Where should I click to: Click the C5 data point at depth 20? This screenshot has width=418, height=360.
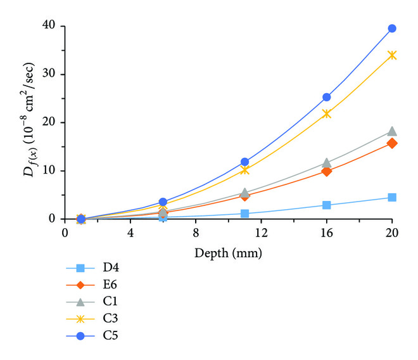(x=392, y=29)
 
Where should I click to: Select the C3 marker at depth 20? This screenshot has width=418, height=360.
(x=392, y=55)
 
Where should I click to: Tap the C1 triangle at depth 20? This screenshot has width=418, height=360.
(x=392, y=131)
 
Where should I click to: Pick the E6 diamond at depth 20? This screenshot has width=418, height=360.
(x=392, y=143)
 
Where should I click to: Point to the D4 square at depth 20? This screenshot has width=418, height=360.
(x=392, y=198)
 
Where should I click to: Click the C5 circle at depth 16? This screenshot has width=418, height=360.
(x=327, y=97)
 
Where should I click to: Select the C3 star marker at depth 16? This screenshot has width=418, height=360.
(x=327, y=113)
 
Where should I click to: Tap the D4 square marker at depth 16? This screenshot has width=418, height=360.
(x=327, y=205)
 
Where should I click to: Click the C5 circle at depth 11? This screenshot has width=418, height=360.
(x=245, y=162)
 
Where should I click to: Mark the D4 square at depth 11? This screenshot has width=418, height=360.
(x=245, y=214)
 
